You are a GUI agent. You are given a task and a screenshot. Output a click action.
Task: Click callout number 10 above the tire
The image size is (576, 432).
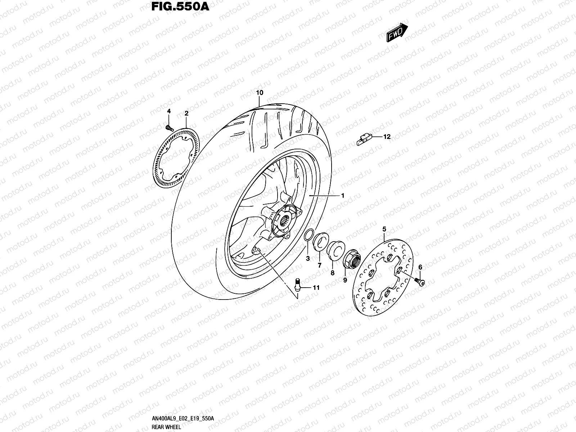coord(260,93)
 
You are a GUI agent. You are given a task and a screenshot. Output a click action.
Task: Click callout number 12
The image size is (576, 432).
coord(387,137)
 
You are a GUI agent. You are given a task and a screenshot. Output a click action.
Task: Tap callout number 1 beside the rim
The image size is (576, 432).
coord(343,196)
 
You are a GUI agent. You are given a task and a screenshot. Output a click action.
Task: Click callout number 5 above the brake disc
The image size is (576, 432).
coord(384,229)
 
